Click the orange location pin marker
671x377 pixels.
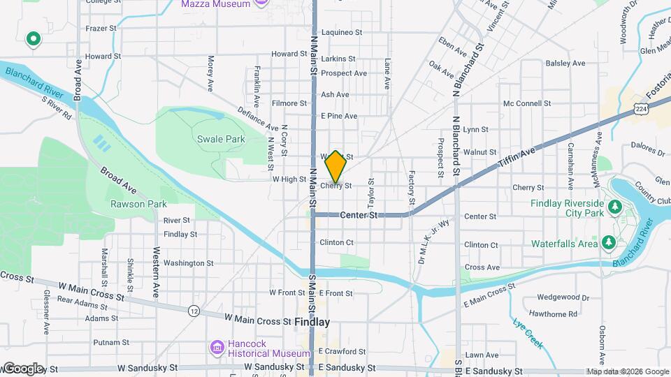335,167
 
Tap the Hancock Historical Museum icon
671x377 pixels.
217,347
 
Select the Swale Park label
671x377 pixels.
221,139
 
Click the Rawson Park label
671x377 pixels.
129,204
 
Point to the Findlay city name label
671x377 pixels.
312,323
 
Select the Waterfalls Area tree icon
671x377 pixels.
609,242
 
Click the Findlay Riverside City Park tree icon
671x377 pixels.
614,207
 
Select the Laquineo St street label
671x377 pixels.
342,32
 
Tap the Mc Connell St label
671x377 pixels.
527,104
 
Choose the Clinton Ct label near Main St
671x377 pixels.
336,242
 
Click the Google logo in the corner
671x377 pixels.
23,369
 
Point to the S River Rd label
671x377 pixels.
57,108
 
